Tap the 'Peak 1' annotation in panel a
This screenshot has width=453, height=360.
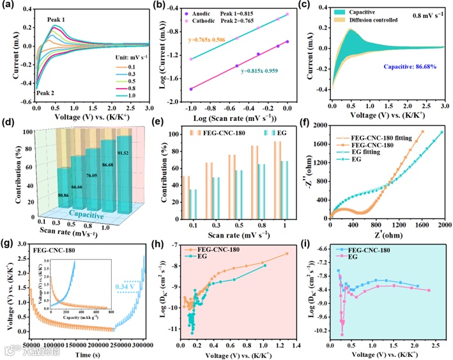pyautogui.click(x=61, y=19)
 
